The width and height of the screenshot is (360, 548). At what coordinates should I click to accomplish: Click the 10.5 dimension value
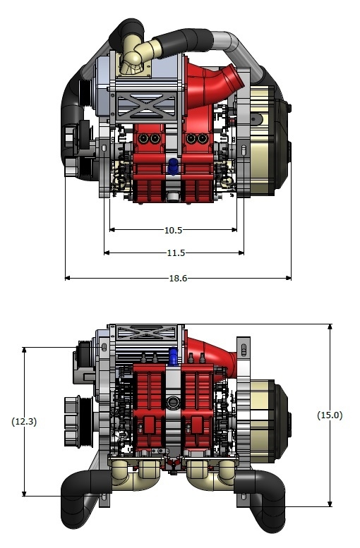pyautogui.click(x=173, y=230)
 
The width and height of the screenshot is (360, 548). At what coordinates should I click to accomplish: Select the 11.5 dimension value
pyautogui.click(x=176, y=252)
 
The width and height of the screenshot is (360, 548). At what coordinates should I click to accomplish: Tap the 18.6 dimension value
pyautogui.click(x=178, y=278)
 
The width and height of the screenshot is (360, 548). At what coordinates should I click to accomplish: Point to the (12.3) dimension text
pyautogui.click(x=24, y=421)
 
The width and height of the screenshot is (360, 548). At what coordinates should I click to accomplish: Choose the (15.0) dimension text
pyautogui.click(x=330, y=415)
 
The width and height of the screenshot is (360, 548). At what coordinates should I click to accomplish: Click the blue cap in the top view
pyautogui.click(x=173, y=166)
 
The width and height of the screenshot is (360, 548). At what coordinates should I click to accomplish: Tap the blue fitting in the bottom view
pyautogui.click(x=173, y=356)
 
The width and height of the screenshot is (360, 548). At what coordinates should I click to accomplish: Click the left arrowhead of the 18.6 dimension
pyautogui.click(x=68, y=278)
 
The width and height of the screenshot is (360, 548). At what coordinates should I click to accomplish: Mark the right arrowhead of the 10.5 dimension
pyautogui.click(x=234, y=230)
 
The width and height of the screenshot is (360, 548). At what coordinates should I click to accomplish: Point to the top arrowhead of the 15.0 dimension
pyautogui.click(x=330, y=327)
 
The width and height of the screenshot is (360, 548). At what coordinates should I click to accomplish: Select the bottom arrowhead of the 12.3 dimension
pyautogui.click(x=24, y=493)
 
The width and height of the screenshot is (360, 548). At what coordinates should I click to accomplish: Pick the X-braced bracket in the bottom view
pyautogui.click(x=147, y=333)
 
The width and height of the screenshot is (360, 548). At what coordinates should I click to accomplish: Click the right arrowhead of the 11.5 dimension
pyautogui.click(x=241, y=252)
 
